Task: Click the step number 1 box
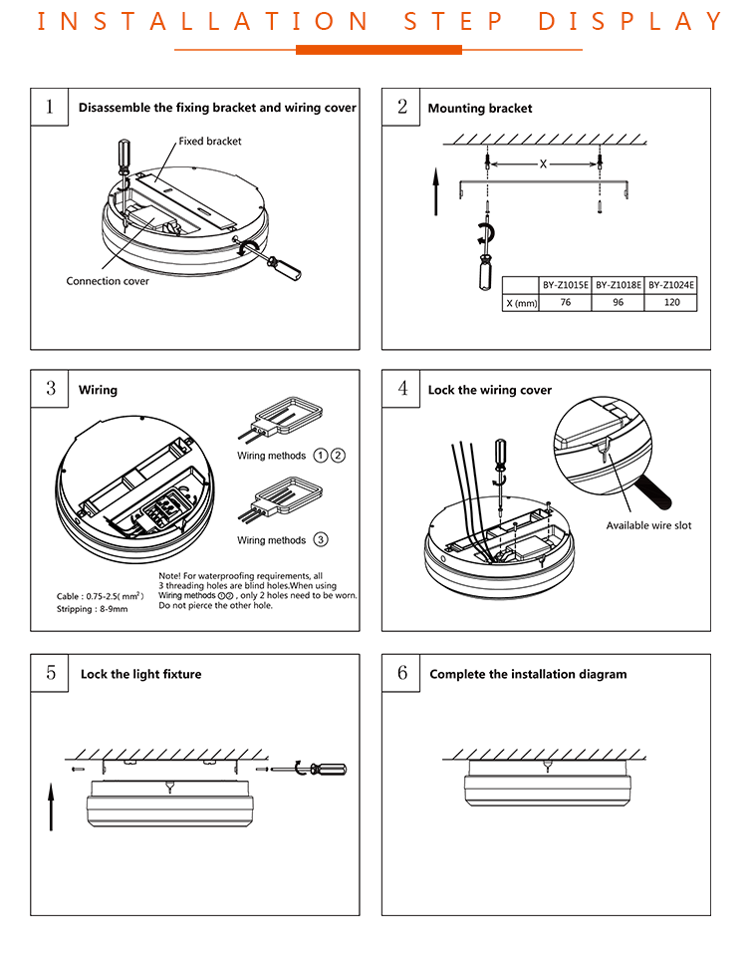[x=50, y=107]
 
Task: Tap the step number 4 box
[x=402, y=389]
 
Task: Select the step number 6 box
[x=402, y=673]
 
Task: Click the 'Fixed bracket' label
[x=210, y=142]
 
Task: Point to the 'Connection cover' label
[x=108, y=281]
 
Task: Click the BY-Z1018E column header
[x=619, y=285]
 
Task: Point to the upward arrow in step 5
[x=51, y=805]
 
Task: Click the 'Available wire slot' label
[x=648, y=525]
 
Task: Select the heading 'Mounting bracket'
[x=480, y=109]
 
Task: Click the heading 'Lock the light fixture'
[x=140, y=675]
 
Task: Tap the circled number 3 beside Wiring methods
[x=320, y=540]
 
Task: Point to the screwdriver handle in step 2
[x=486, y=270]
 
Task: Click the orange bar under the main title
[x=378, y=49]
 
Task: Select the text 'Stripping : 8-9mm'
[x=93, y=608]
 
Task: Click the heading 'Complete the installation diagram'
[x=528, y=675]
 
